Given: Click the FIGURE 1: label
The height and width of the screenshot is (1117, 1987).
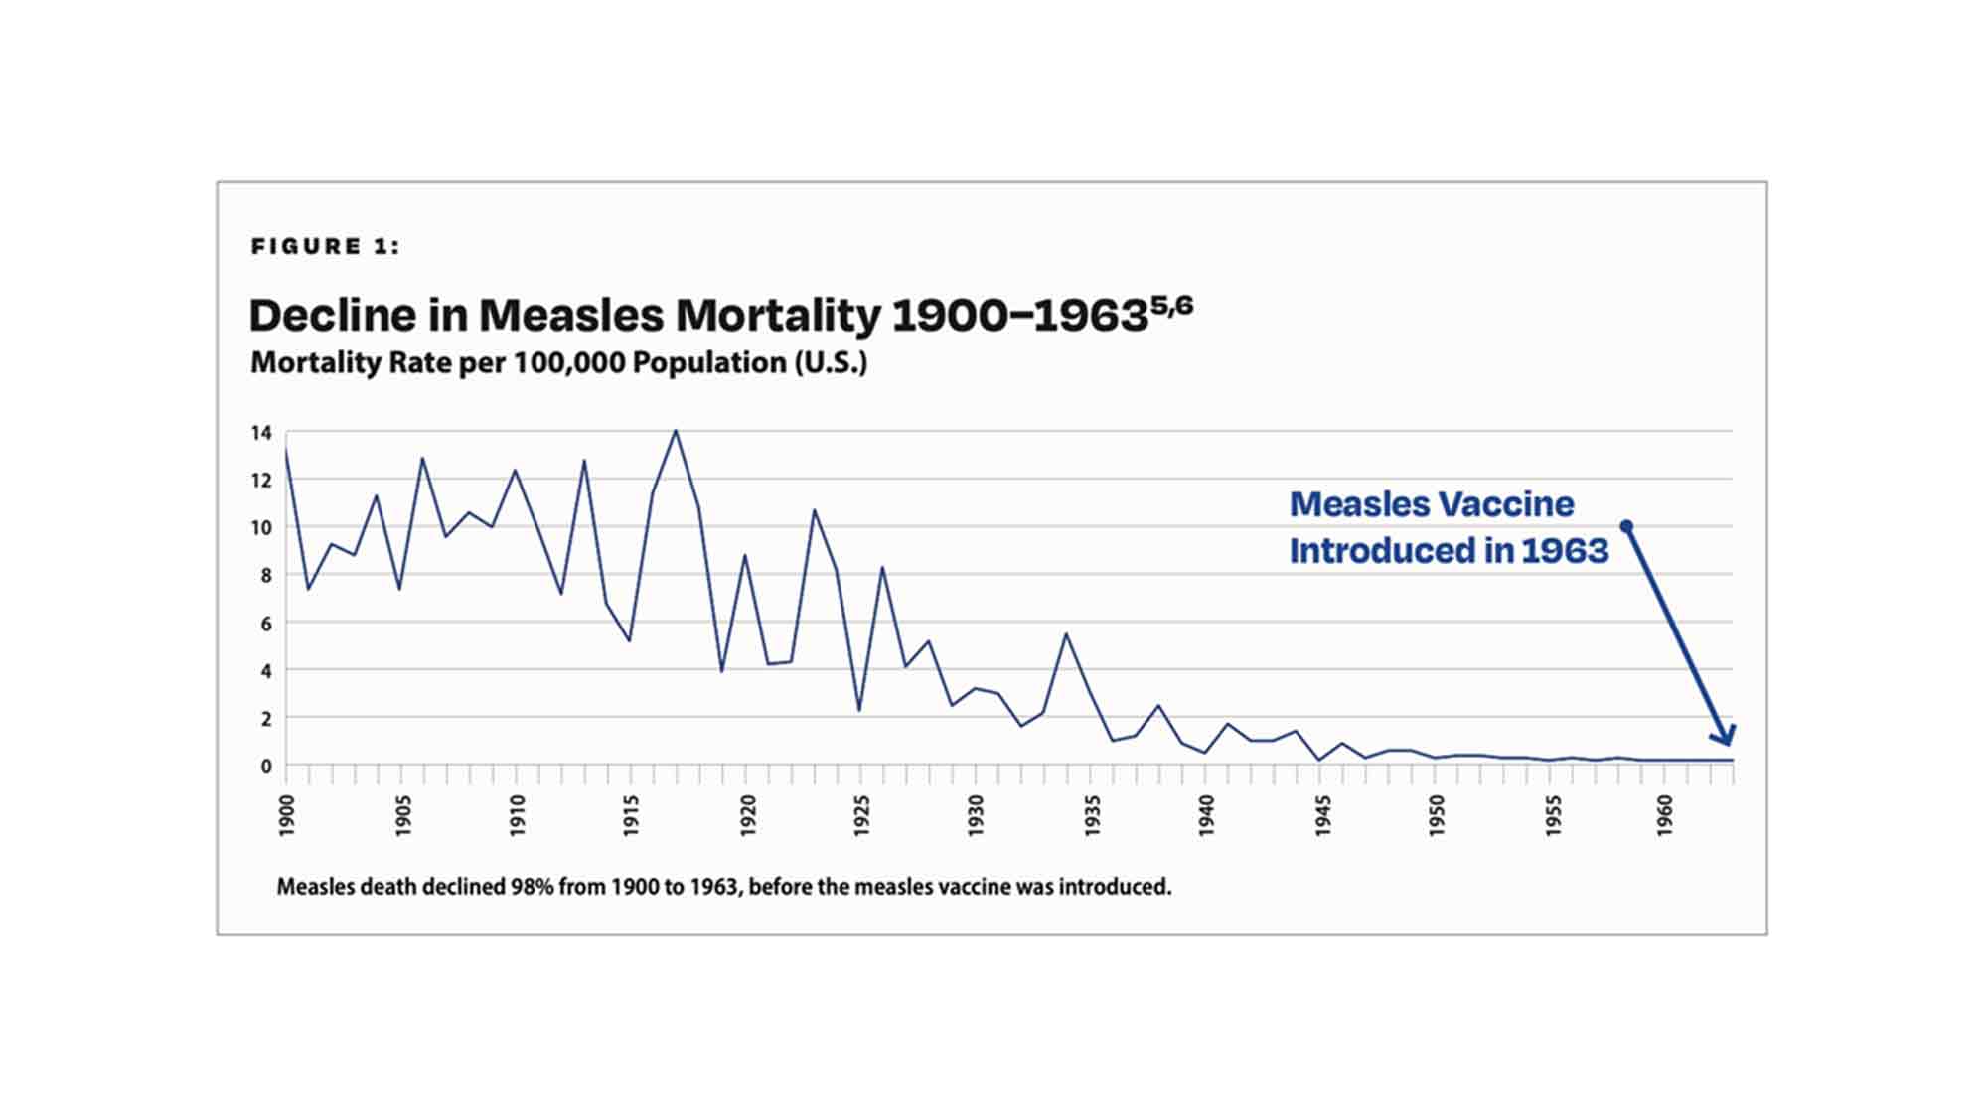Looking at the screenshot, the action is click(x=325, y=246).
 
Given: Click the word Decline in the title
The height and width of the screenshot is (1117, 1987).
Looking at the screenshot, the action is click(x=333, y=316).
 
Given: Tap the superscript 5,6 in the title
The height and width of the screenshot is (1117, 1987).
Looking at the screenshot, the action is click(x=1172, y=304).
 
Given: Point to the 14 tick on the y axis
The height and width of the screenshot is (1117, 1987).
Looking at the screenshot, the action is click(x=261, y=433).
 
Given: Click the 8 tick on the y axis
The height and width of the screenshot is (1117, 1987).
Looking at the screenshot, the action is click(x=265, y=576).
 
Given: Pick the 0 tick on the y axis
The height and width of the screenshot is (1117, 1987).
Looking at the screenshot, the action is click(x=265, y=767).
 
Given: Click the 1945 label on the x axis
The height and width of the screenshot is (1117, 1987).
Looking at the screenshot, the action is click(x=1322, y=815).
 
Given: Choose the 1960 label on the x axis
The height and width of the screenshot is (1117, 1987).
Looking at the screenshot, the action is click(x=1666, y=815).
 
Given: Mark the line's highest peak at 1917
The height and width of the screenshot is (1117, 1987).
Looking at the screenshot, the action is click(x=676, y=431).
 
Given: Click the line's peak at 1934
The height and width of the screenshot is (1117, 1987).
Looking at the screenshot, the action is click(x=1066, y=633).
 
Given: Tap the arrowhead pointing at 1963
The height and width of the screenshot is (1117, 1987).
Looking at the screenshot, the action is click(x=1725, y=735).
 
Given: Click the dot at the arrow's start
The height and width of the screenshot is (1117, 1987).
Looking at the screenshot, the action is click(x=1626, y=526).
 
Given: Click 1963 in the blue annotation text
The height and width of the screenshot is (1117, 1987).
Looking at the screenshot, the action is click(x=1565, y=551).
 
